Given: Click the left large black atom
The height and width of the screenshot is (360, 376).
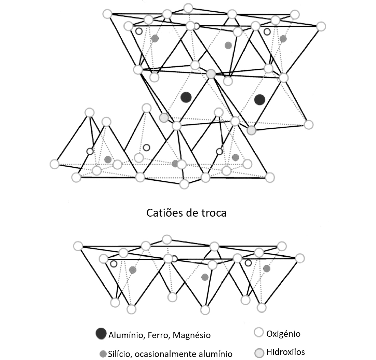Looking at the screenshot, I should click(186, 97).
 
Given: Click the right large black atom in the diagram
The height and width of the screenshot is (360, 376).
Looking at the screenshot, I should click(260, 99).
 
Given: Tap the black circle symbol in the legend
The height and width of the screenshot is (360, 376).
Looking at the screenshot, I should click(101, 334).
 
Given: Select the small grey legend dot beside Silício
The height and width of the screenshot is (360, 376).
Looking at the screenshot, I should click(102, 353).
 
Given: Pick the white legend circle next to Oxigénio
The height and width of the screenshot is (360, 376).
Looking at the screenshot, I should click(259, 333).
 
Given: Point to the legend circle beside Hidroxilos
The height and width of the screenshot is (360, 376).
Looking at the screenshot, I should click(259, 352).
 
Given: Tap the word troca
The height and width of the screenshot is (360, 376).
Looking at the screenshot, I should click(214, 213).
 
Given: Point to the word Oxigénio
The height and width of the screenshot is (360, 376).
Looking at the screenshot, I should click(283, 333).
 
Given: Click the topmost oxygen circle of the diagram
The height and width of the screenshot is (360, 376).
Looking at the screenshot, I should click(188, 8).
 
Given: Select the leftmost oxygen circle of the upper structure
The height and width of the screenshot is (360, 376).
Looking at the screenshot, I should click(55, 164).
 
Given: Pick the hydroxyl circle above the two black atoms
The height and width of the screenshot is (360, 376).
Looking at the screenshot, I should click(211, 74).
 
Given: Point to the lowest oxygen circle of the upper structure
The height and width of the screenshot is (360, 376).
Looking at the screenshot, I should click(184, 184).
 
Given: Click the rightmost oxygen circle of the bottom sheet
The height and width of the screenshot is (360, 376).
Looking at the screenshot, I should click(300, 258).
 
